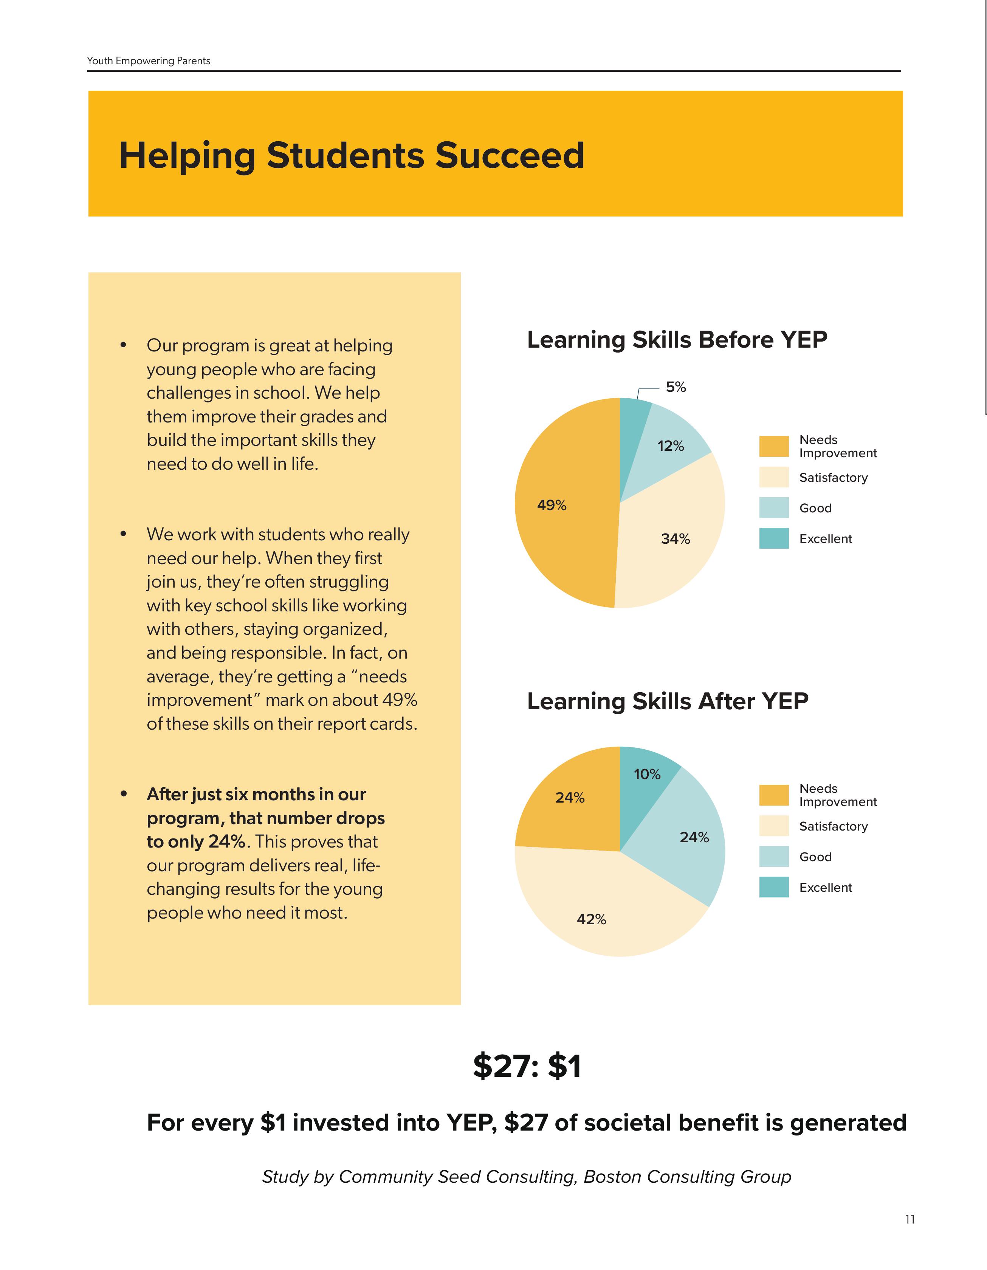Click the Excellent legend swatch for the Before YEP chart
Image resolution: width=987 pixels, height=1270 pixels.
pos(773,538)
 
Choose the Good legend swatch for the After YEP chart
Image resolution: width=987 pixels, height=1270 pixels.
pos(773,857)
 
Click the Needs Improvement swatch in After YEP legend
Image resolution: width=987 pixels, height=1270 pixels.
pos(773,795)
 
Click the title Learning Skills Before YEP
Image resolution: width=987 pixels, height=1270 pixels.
pos(676,340)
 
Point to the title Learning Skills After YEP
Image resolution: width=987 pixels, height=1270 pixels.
pos(667,701)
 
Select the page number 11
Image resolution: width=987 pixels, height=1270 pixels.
pos(910,1219)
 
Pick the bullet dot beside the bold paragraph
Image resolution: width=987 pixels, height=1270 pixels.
pos(123,794)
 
